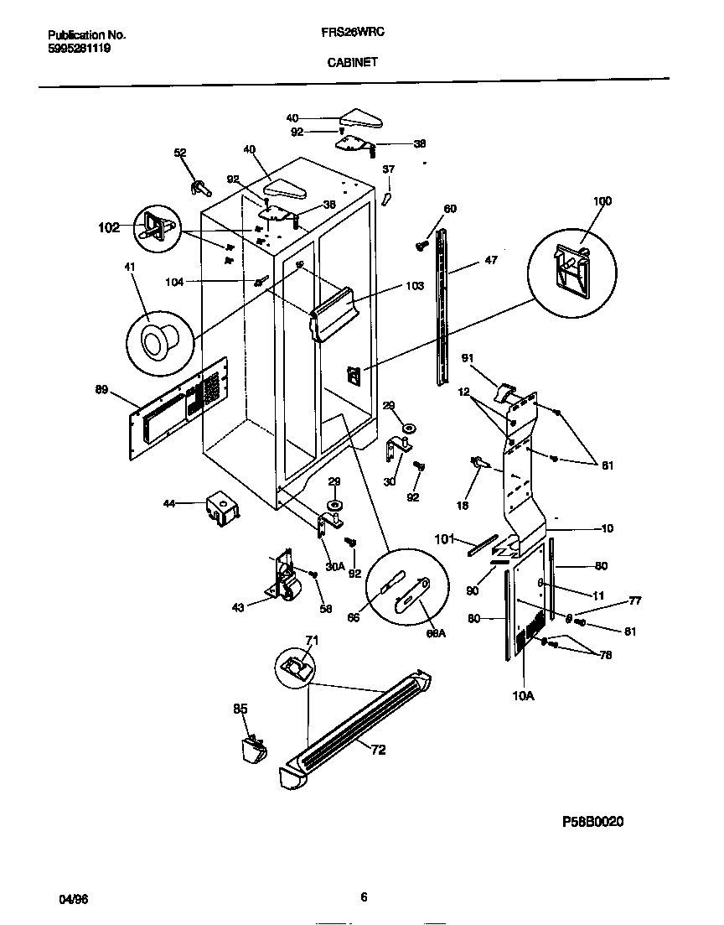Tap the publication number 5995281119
tap(80, 49)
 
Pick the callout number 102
tap(109, 226)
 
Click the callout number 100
tap(602, 201)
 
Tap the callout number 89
tap(103, 389)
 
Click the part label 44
tap(169, 504)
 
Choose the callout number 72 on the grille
tap(378, 751)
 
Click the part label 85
tap(240, 709)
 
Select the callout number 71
tap(312, 642)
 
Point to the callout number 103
tap(414, 286)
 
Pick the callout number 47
tap(490, 261)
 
